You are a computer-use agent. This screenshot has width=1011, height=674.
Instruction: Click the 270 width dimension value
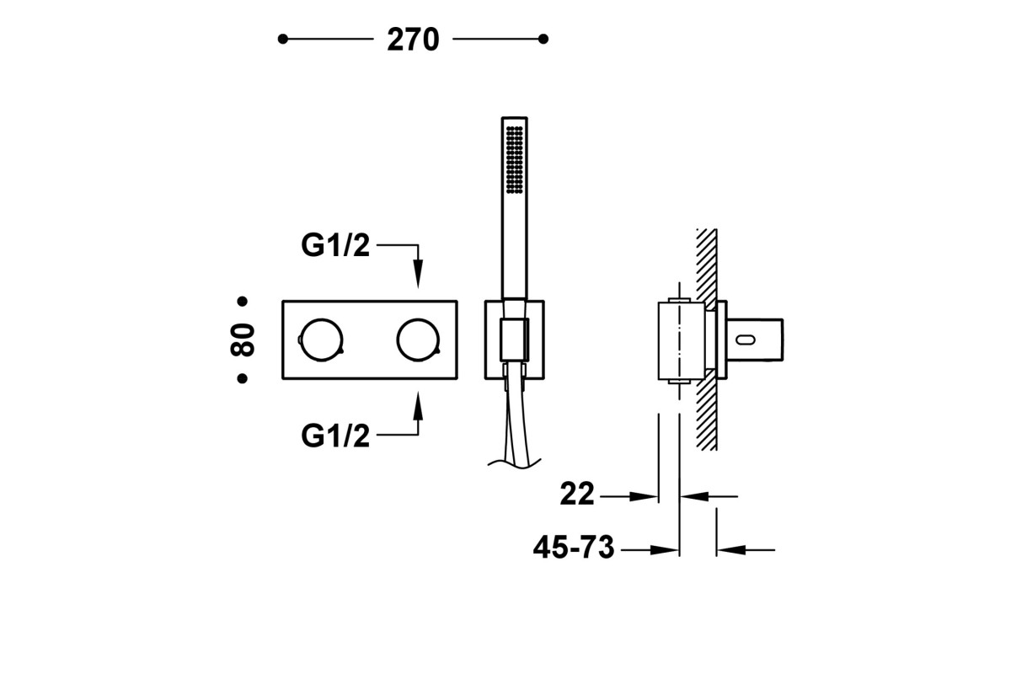coord(413,40)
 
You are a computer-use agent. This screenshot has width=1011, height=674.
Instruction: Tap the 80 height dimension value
coord(243,340)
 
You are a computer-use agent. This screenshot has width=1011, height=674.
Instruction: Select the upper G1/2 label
coord(335,245)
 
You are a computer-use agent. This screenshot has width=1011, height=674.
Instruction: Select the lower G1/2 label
coord(335,436)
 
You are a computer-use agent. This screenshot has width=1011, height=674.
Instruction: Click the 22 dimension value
coord(577,494)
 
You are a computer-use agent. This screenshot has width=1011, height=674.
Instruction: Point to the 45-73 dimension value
coord(574,547)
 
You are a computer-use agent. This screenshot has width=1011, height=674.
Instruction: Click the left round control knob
coord(321,340)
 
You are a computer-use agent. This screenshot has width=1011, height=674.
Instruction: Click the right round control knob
coord(418,340)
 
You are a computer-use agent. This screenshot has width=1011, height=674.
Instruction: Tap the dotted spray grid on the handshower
coord(515,160)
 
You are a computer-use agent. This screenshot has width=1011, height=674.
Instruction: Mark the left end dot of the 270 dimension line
coord(283,40)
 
